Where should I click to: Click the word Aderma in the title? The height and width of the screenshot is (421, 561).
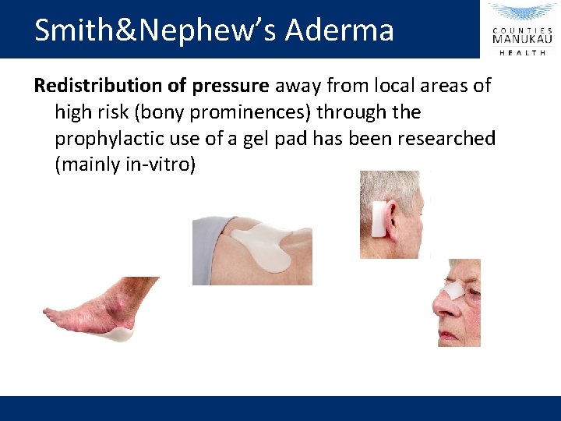[340, 30]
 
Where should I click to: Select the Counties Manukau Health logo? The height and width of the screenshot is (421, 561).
[521, 29]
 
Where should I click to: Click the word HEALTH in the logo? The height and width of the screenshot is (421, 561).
[521, 52]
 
